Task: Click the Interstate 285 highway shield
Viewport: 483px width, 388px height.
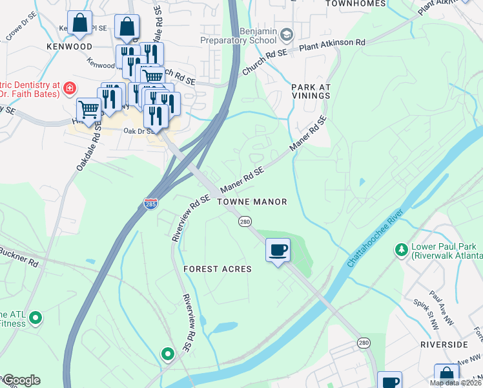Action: [x=149, y=203]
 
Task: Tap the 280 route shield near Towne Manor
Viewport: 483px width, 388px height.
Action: [x=245, y=222]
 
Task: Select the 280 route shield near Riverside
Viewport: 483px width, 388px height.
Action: [x=364, y=342]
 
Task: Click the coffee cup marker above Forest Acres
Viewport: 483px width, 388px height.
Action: [x=278, y=250]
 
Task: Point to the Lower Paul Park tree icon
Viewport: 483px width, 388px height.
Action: [x=402, y=249]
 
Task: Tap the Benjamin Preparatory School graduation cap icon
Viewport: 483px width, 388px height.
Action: [x=287, y=34]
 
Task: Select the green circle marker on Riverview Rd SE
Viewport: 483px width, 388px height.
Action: [x=167, y=354]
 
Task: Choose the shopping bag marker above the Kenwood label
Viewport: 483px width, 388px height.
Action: [x=80, y=23]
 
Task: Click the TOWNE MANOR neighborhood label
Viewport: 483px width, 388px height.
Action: [x=252, y=202]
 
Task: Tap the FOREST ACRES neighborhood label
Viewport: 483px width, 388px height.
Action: [x=217, y=269]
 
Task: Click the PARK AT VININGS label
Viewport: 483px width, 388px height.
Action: [x=311, y=91]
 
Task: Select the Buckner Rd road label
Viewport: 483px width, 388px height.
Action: [x=19, y=257]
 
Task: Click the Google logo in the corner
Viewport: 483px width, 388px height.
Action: [x=21, y=380]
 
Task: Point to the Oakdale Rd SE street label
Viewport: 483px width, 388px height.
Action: [x=90, y=148]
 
